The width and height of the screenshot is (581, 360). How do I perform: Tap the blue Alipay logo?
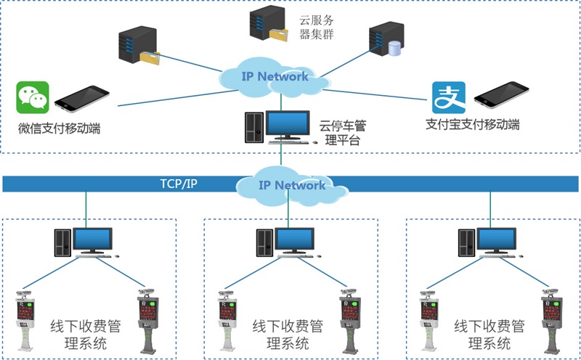448,98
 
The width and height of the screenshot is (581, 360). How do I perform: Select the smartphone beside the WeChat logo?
81,99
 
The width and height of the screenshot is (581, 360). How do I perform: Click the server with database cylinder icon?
384,41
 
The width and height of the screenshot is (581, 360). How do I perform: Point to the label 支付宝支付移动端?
473,124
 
